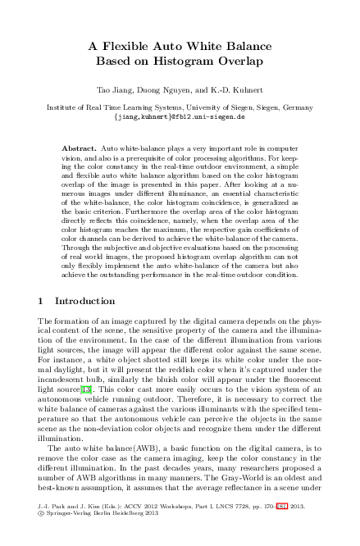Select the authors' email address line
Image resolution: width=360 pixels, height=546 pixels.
[179, 116]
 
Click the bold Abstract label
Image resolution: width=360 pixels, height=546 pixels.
[79, 148]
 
